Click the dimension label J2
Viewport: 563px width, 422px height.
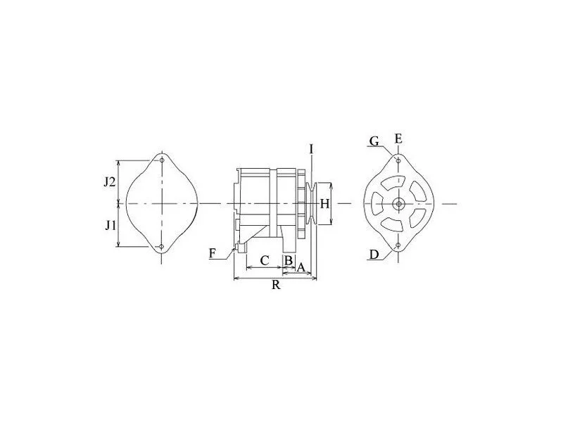110,182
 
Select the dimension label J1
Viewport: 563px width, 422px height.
110,225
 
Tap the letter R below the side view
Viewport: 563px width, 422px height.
276,285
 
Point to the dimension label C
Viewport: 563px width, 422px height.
265,260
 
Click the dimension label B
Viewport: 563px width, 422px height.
289,260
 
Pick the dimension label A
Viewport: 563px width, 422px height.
301,267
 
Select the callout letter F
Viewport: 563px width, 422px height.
213,254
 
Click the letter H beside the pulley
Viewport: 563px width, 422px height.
324,204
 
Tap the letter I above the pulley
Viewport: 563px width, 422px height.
311,149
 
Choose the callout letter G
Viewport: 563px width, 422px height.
374,141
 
